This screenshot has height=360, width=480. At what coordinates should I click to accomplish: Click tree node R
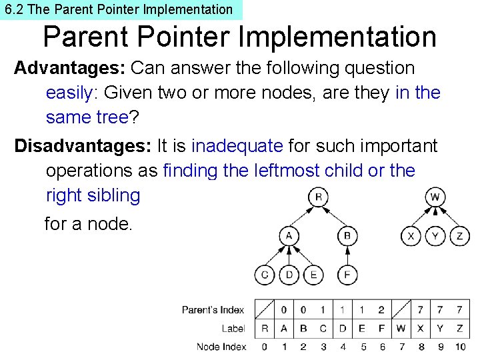pyautogui.click(x=319, y=197)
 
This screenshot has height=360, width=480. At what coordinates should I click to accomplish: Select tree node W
pyautogui.click(x=435, y=197)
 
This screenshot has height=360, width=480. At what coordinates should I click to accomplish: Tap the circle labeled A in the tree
pyautogui.click(x=289, y=236)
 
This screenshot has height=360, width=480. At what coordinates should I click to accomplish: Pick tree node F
pyautogui.click(x=347, y=274)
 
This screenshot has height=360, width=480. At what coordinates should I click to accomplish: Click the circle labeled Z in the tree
pyautogui.click(x=459, y=236)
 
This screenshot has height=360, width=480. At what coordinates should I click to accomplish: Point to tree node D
pyautogui.click(x=289, y=274)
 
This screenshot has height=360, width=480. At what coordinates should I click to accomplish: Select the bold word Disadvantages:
pyautogui.click(x=83, y=145)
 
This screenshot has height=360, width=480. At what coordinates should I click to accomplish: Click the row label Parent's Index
pyautogui.click(x=213, y=310)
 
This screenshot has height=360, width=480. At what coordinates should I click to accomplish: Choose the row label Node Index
pyautogui.click(x=221, y=347)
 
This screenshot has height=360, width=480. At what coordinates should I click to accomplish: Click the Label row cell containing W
pyautogui.click(x=401, y=329)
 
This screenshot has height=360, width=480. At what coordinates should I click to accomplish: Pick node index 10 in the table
pyautogui.click(x=459, y=347)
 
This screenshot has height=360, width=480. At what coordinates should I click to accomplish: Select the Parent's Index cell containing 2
pyautogui.click(x=381, y=310)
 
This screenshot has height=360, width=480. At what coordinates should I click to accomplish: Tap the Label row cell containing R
pyautogui.click(x=264, y=329)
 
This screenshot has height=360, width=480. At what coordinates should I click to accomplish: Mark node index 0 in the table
pyautogui.click(x=264, y=347)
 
